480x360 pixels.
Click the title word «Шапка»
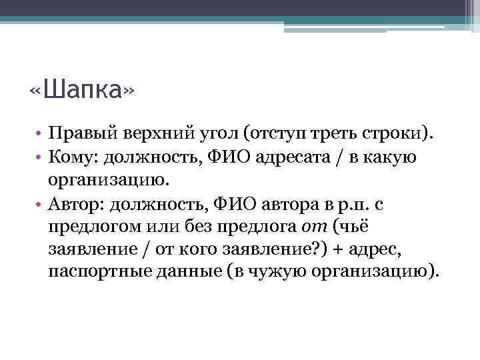point(81,91)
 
